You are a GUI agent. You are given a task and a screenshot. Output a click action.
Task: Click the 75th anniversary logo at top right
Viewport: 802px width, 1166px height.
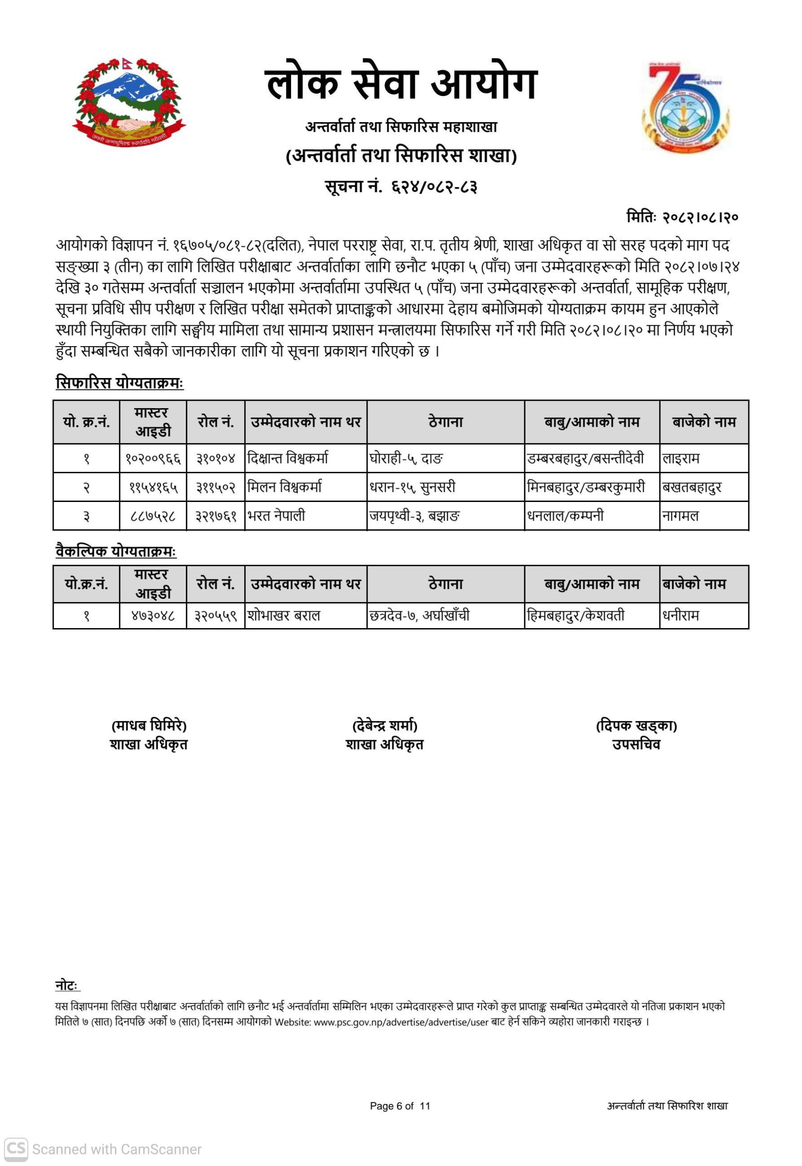click(685, 106)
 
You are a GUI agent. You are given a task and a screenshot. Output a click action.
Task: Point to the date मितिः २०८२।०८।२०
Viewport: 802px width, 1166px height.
click(682, 217)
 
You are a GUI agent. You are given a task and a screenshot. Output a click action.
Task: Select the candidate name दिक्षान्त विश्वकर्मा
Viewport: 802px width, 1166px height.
click(288, 458)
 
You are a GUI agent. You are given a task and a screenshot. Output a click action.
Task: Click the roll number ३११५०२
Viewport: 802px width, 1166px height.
click(215, 487)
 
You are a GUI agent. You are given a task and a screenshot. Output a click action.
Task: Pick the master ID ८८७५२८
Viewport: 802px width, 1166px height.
click(153, 516)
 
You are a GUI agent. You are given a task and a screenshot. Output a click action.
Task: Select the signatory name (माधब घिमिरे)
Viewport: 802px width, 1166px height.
click(149, 726)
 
